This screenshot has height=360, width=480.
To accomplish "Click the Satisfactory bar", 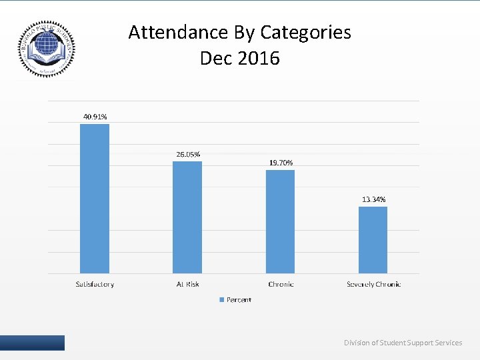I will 94,199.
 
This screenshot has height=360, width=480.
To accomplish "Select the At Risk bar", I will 187,217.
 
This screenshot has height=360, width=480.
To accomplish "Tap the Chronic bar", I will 280,221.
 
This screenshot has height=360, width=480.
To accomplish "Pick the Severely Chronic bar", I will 373,240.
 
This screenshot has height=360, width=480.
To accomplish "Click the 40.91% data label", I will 95,117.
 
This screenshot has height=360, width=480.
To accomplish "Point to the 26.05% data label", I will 188,154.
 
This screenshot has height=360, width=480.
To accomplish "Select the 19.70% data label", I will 281,163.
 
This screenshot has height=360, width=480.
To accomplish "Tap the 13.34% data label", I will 373,199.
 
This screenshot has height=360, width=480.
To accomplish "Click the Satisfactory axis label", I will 94,284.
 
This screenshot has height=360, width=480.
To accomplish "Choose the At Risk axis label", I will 187,284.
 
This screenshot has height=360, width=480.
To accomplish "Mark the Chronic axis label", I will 281,284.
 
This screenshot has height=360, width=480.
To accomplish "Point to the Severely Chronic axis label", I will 373,284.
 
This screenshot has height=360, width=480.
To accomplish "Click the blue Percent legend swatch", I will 222,300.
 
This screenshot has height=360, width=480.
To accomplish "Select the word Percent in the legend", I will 239,300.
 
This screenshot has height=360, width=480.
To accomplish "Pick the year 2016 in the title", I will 259,59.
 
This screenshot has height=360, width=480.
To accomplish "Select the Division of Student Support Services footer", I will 403,343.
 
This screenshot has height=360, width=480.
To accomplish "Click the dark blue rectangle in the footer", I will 32,343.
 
